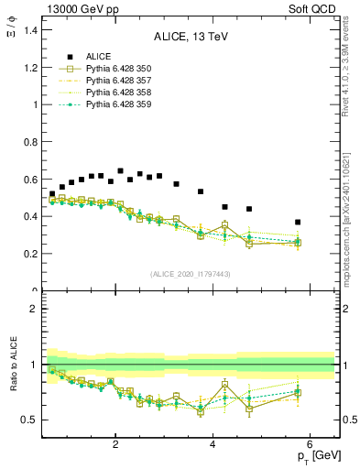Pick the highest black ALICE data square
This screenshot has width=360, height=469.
[x=120, y=170]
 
